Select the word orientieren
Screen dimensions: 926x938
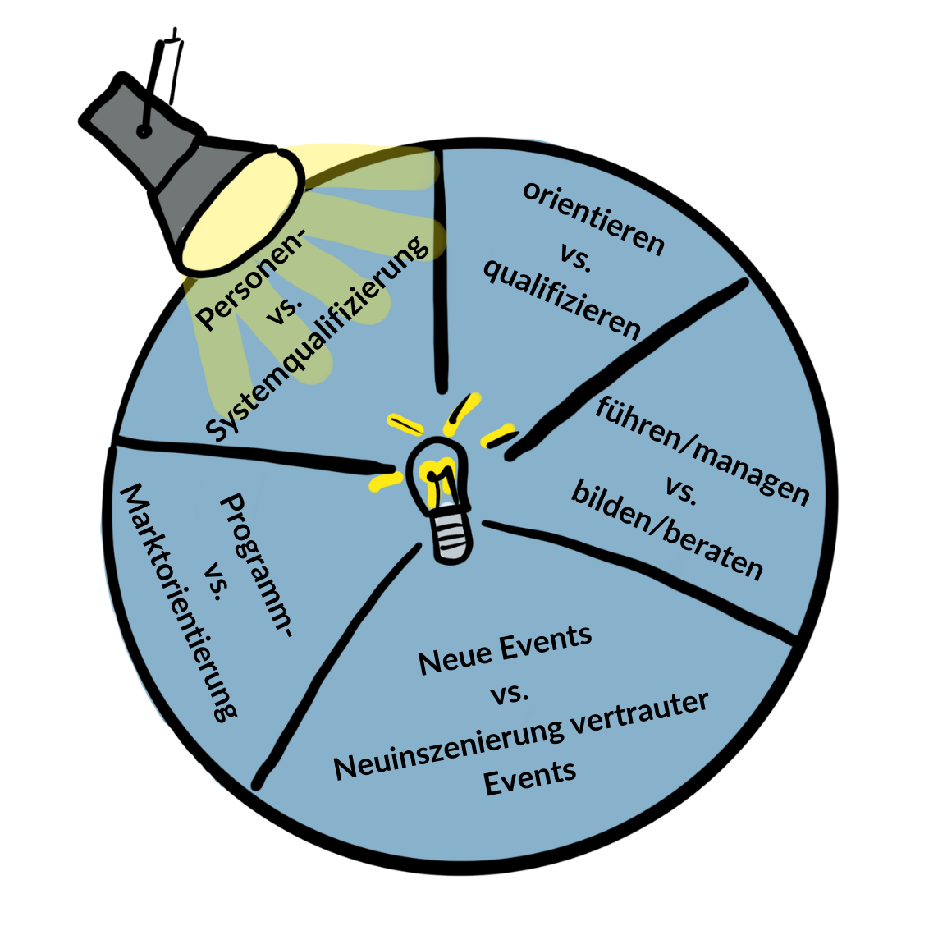pyautogui.click(x=593, y=218)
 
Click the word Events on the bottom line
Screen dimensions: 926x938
pyautogui.click(x=529, y=776)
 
